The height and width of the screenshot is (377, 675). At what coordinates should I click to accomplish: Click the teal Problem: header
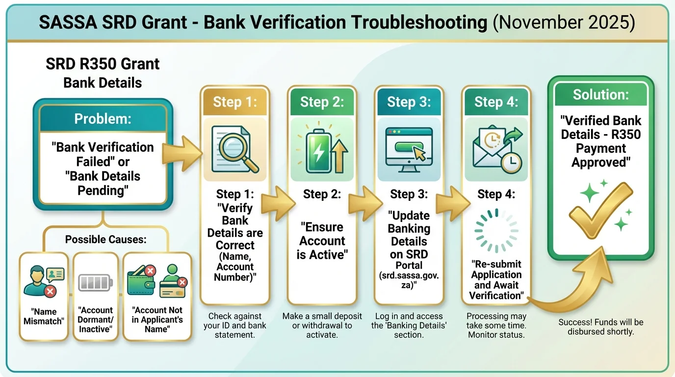[x=103, y=119]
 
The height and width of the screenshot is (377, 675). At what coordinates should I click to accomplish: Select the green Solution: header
[x=600, y=94]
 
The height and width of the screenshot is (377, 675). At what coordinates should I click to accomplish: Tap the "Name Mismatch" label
[x=44, y=316]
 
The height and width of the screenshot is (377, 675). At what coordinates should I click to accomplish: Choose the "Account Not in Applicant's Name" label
[x=156, y=319]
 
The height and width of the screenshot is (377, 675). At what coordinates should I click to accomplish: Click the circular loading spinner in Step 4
[x=496, y=230]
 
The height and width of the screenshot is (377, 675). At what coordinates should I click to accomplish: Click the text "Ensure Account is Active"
[x=322, y=241]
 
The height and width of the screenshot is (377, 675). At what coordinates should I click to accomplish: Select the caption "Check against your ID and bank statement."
[x=234, y=325]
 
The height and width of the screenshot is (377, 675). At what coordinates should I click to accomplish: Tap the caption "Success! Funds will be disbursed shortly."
[x=600, y=327]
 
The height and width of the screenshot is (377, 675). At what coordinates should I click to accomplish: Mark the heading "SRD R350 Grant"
[x=103, y=64]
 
